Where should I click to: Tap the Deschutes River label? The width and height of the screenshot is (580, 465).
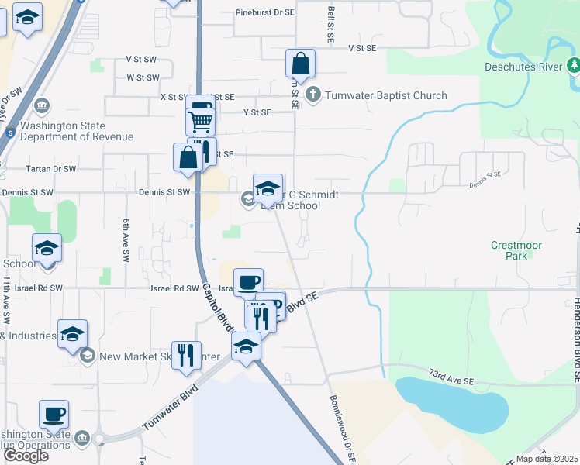(x=517, y=67)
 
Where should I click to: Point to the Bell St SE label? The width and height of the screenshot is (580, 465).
(x=331, y=26)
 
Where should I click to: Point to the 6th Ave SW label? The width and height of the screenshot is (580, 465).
(x=125, y=239)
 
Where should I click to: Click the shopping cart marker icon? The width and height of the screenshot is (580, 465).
(x=200, y=121)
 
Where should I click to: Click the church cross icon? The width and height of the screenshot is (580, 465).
(x=313, y=95)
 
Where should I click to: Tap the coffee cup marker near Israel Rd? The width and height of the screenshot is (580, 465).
(x=248, y=283)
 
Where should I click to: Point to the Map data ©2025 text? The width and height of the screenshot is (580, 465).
(x=547, y=459)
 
